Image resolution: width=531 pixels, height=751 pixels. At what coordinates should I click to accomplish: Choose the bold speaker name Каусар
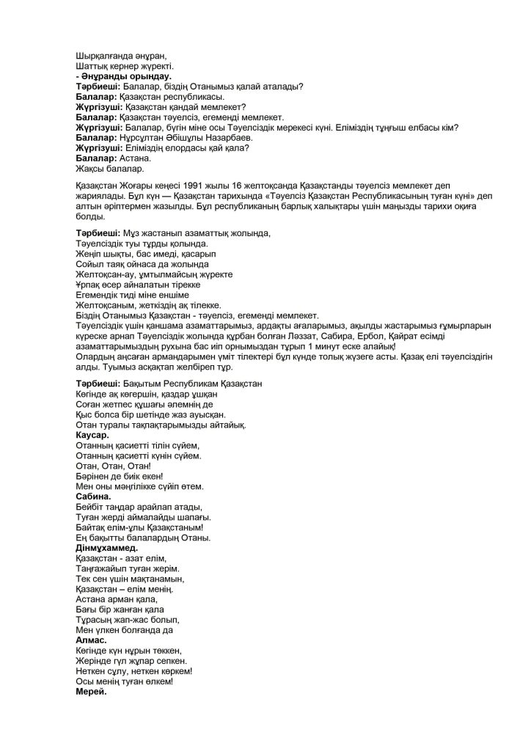pyautogui.click(x=93, y=435)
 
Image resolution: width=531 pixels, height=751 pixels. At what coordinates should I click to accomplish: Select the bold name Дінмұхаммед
pyautogui.click(x=107, y=548)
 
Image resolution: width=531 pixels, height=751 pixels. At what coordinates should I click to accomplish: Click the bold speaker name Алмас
pyautogui.click(x=92, y=640)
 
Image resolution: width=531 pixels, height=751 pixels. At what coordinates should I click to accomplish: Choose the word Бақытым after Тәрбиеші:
pyautogui.click(x=147, y=384)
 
